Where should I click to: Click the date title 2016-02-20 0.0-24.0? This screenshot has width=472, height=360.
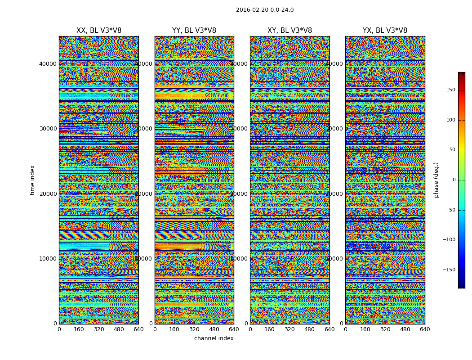click(x=265, y=10)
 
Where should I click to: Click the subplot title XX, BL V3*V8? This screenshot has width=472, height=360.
click(x=99, y=31)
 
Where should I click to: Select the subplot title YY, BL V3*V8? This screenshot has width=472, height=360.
click(x=194, y=31)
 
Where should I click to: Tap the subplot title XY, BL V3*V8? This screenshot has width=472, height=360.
click(x=289, y=31)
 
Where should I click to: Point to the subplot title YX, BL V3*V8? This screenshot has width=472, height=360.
click(x=385, y=31)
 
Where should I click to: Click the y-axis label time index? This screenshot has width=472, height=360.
click(x=32, y=180)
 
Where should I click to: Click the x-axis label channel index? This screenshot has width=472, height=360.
click(x=214, y=338)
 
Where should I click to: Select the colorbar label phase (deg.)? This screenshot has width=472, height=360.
click(x=436, y=180)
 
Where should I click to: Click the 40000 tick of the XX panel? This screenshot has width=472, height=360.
click(x=48, y=64)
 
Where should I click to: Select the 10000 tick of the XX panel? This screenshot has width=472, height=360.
click(x=48, y=259)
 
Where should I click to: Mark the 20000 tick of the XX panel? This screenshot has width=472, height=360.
click(x=48, y=194)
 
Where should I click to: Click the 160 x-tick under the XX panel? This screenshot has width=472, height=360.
click(x=79, y=329)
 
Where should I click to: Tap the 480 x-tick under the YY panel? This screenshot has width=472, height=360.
click(x=214, y=329)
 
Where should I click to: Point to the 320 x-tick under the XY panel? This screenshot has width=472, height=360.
click(x=289, y=329)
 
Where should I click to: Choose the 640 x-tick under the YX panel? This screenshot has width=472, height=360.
click(x=425, y=329)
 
